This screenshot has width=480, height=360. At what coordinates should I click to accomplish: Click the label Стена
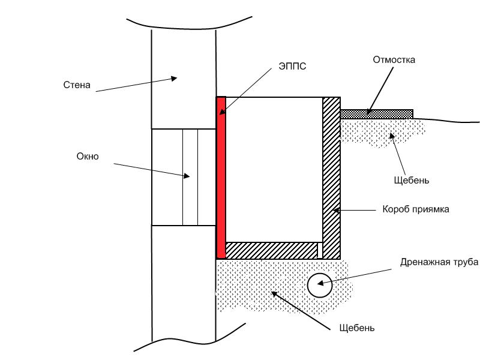[x=77, y=85]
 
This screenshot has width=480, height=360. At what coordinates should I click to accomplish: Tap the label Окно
[x=88, y=157]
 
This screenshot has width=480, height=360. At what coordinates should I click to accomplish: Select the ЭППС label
[x=292, y=66]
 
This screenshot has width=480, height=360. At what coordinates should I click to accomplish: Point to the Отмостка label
[x=394, y=59]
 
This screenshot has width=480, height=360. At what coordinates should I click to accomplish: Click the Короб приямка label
[x=416, y=209]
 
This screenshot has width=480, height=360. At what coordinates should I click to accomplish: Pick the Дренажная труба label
[x=439, y=262]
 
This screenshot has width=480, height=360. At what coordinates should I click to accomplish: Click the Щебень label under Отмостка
[x=412, y=181]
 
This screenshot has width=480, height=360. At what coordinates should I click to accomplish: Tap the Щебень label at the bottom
[x=357, y=328]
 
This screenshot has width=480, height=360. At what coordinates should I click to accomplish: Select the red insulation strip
[x=221, y=178]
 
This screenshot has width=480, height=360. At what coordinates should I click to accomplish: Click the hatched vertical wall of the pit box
[x=331, y=178]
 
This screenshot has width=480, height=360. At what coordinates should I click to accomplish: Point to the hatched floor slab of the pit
[x=272, y=250]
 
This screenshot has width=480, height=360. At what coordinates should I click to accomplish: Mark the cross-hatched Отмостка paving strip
[x=377, y=114]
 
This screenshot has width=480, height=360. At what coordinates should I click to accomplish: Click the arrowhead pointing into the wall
[x=174, y=79]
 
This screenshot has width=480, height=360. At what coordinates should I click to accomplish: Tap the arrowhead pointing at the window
[x=187, y=176]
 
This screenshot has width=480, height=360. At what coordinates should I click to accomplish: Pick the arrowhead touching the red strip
[x=222, y=112]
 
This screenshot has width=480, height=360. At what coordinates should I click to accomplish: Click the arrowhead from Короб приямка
[x=336, y=211]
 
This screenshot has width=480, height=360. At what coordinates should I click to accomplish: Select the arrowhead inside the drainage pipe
[x=320, y=283]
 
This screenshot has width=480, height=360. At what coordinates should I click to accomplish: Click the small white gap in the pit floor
[x=320, y=250]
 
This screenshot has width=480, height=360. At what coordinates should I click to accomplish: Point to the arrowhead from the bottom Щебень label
[x=275, y=294]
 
